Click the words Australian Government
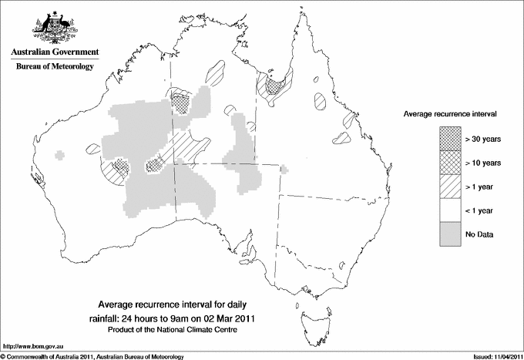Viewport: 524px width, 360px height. (x=54, y=52)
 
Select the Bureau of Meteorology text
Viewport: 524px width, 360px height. (x=54, y=67)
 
